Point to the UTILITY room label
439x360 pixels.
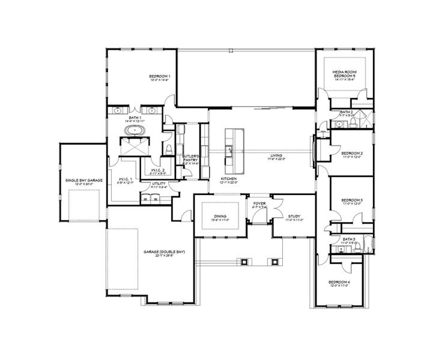coord(159,184)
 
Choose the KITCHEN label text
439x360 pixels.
coord(228,179)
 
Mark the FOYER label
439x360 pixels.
coord(259,203)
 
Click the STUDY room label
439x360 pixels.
coord(294,216)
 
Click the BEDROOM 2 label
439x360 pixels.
coord(352,154)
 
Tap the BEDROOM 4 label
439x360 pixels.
coord(339,283)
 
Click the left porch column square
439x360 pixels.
coord(244,261)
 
